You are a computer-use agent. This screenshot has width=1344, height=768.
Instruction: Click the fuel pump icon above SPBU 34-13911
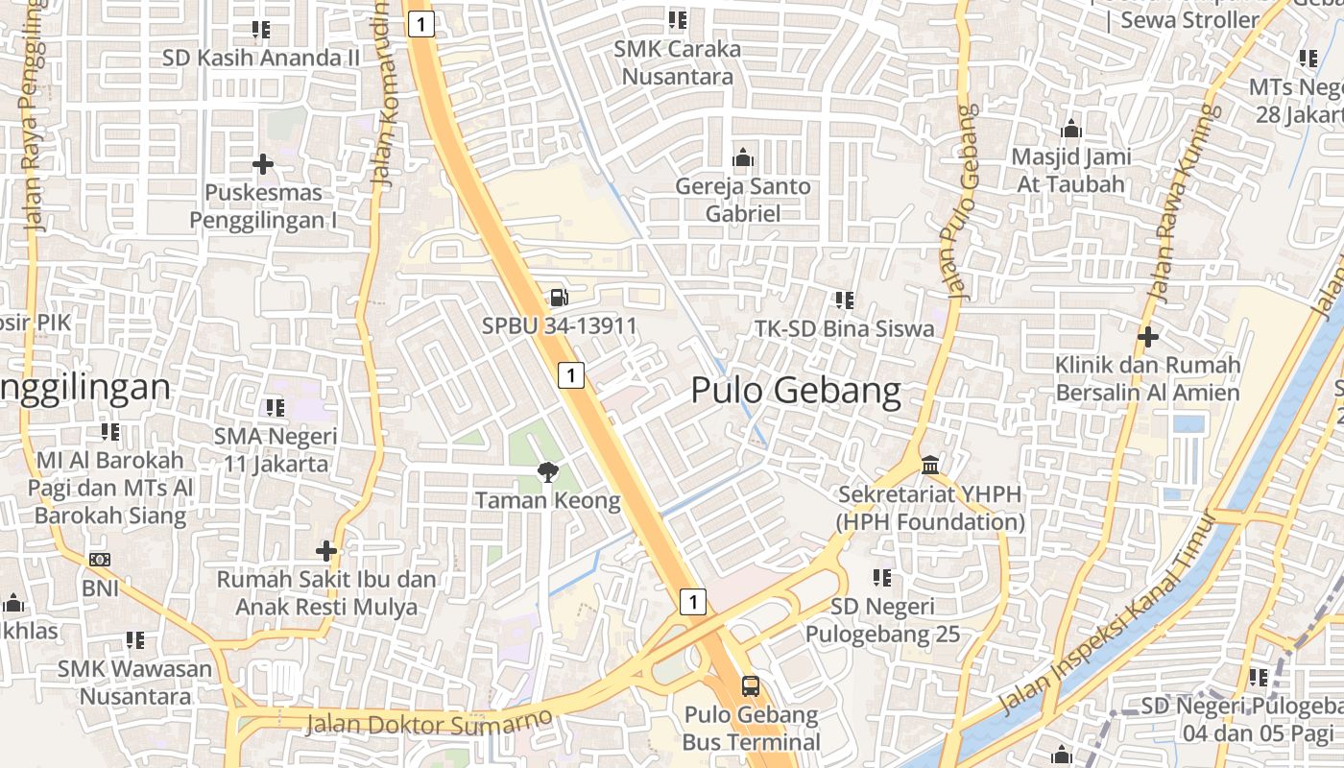[559, 298]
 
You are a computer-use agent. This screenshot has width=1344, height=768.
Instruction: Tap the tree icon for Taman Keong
[547, 470]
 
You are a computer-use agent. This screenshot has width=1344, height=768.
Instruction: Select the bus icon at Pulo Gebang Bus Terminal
[751, 686]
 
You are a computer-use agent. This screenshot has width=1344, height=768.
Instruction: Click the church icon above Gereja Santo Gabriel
[742, 157]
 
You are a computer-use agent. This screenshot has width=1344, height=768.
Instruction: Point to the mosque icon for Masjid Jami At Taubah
[1071, 128]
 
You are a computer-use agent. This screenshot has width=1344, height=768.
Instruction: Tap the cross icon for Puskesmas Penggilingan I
[262, 164]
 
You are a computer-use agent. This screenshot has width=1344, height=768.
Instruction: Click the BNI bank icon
[100, 559]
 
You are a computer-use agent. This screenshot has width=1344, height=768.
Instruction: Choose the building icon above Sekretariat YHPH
[929, 466]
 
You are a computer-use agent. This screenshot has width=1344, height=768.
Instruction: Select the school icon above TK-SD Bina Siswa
[844, 300]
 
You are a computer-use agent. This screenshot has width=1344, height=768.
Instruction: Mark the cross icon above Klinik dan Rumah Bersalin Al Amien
[1147, 337]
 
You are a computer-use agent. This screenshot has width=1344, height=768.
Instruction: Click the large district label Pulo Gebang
[796, 391]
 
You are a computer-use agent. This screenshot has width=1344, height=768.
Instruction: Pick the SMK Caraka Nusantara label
[678, 62]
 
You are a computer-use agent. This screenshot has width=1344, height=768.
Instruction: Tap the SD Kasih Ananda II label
[261, 58]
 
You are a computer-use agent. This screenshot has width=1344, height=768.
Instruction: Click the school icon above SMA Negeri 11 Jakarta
[275, 407]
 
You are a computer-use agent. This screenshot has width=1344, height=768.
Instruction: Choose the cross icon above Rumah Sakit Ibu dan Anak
[326, 551]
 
